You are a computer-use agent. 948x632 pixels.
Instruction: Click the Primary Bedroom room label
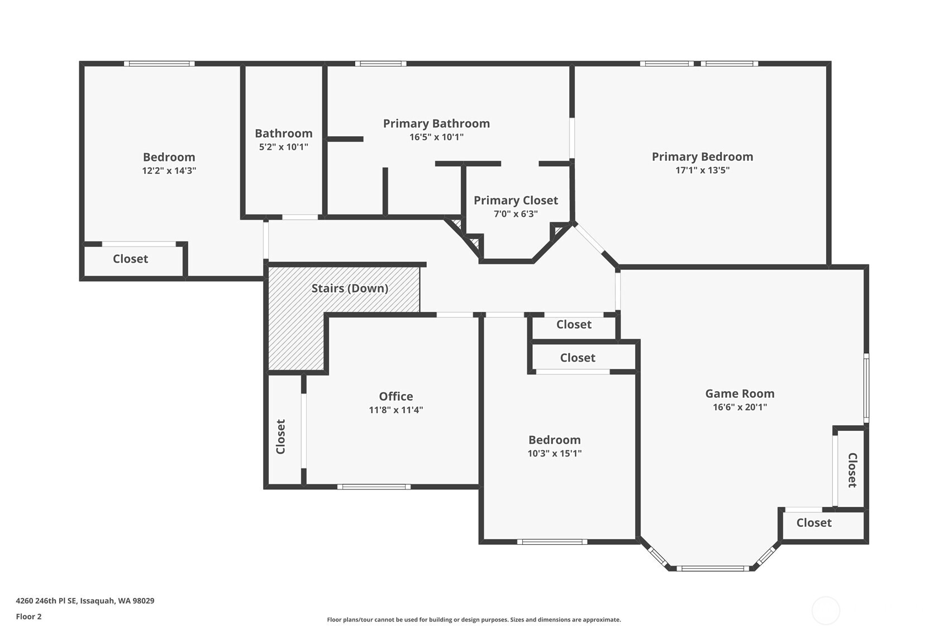point(702,156)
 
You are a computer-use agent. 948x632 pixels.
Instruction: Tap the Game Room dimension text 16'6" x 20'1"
point(740,407)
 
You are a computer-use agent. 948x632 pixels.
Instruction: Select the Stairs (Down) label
point(350,288)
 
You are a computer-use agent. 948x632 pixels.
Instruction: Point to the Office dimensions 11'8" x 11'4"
point(396,410)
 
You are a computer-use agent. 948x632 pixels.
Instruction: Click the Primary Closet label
point(516,200)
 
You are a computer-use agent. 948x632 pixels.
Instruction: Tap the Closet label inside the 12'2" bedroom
point(130,259)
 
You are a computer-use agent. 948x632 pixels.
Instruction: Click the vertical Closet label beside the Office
point(280,436)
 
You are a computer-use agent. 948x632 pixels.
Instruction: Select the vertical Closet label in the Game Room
point(852,470)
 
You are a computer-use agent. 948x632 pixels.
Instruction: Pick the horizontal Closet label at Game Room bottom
point(814,522)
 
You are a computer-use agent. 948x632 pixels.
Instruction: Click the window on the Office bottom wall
point(374,487)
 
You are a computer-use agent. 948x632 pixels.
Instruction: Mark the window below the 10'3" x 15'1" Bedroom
point(552,541)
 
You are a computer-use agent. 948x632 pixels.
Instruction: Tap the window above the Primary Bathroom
point(380,64)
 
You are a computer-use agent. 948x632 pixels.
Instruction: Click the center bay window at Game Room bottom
point(713,568)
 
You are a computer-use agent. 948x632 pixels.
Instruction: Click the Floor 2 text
point(28,616)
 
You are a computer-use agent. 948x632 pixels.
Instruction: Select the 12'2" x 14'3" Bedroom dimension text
point(169,170)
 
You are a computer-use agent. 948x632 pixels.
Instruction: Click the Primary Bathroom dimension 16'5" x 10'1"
point(436,137)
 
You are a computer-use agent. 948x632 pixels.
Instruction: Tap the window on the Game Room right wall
point(866,388)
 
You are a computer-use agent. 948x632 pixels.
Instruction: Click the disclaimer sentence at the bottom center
point(474,619)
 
